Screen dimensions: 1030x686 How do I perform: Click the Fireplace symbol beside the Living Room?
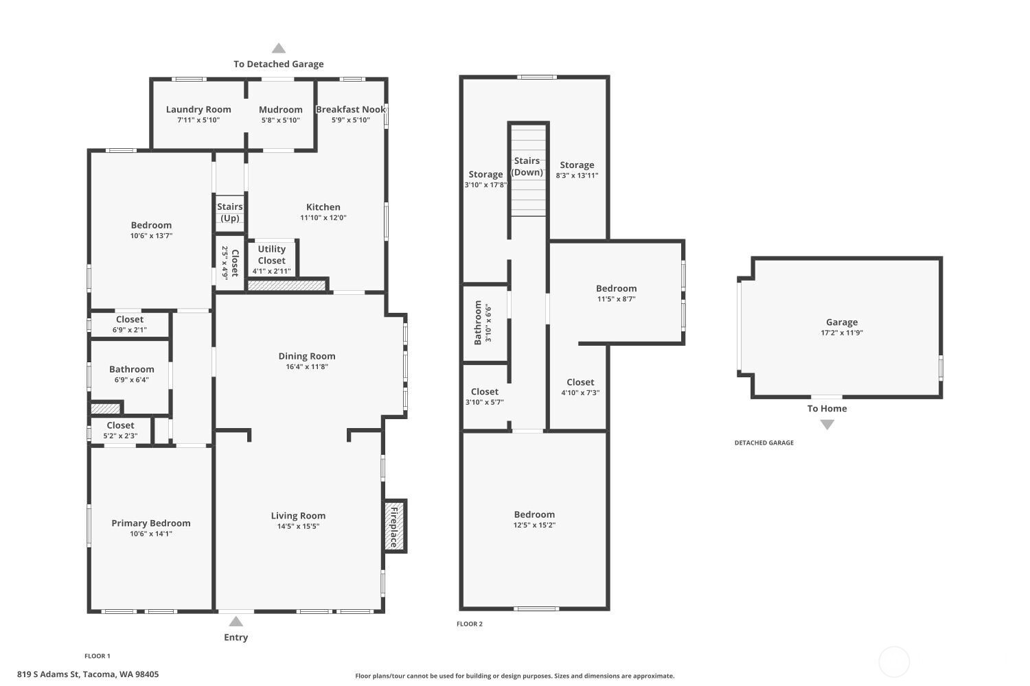coord(395,525)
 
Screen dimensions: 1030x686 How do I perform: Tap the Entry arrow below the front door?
coord(236,622)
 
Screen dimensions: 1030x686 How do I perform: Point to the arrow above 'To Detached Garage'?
coord(279,48)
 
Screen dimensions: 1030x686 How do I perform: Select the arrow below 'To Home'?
coord(827,425)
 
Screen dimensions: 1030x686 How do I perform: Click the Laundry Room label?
coord(198,109)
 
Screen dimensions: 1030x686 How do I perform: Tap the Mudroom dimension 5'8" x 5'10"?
coord(280,120)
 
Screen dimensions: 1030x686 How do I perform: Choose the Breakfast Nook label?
coord(350,109)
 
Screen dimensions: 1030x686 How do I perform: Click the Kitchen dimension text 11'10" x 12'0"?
coord(323,217)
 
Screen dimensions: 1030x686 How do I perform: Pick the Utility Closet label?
coord(272,255)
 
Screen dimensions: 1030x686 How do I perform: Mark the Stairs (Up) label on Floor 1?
coord(230,212)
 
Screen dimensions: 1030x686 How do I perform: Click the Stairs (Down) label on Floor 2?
coord(527,166)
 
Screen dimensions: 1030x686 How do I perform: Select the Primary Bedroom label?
coord(151,523)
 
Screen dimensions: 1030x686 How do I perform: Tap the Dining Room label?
coord(307,356)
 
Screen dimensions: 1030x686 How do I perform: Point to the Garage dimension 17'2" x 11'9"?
coord(842,333)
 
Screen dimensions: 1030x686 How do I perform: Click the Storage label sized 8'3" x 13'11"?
coord(577,165)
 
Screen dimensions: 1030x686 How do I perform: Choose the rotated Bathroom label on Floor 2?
coord(478,322)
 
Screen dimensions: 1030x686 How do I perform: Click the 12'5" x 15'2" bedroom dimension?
coord(534,525)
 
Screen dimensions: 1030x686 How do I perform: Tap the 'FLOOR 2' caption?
coord(470,624)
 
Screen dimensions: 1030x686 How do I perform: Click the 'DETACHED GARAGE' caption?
coord(764,443)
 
